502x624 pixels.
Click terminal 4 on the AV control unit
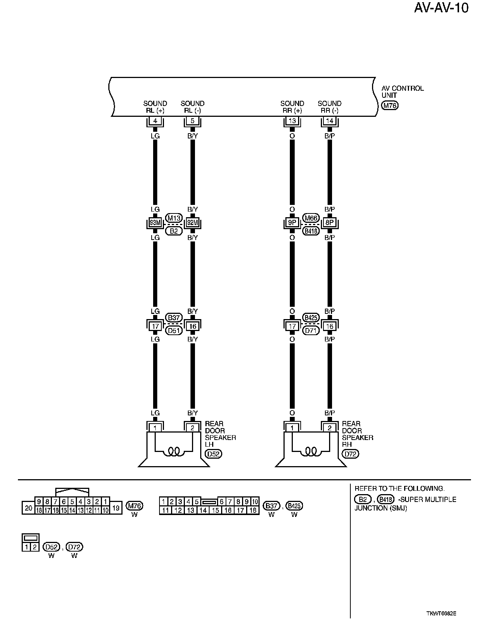[155, 121]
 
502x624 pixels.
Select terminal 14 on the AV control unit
[329, 121]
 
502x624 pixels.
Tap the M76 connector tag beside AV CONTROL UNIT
[390, 106]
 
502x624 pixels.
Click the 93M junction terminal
[155, 223]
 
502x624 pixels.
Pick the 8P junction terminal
[329, 223]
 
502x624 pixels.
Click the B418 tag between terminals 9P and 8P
[311, 231]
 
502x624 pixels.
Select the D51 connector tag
[174, 331]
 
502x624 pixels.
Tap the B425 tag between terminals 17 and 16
[311, 318]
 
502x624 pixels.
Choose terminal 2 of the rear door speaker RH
[329, 428]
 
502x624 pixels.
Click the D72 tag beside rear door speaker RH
[350, 454]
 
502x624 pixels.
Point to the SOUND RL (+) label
[155, 107]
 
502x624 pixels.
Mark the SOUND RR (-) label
[329, 107]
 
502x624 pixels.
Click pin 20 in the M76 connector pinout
[28, 508]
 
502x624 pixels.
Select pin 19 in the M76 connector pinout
[116, 508]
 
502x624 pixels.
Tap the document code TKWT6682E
[442, 614]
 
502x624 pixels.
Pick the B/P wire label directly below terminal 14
[329, 136]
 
